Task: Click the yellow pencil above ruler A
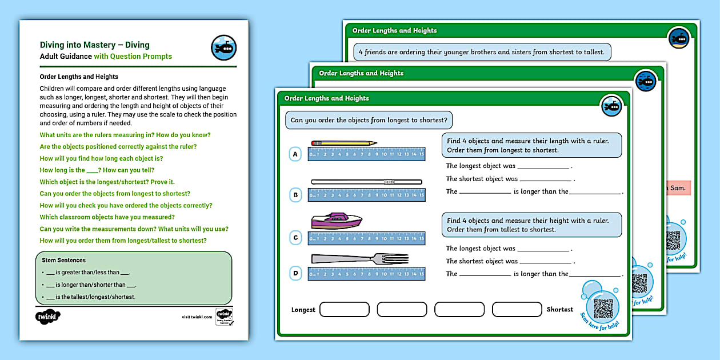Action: pos(343,143)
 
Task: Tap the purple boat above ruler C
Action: pos(337,221)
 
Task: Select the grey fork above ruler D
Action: pos(359,259)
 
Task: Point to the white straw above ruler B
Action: pos(366,182)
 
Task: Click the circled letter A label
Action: pos(295,154)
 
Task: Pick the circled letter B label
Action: pos(295,195)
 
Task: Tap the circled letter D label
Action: pos(295,273)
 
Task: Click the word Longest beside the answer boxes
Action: pos(303,310)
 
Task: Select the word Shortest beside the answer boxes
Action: pos(559,310)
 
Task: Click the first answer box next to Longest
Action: pos(345,310)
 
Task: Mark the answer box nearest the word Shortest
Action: pos(517,310)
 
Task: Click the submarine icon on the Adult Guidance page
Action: pos(223,48)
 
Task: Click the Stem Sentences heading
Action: pos(64,260)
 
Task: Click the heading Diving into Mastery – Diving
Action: pos(95,45)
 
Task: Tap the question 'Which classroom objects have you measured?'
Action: pos(107,217)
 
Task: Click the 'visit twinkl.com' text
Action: pos(197,317)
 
